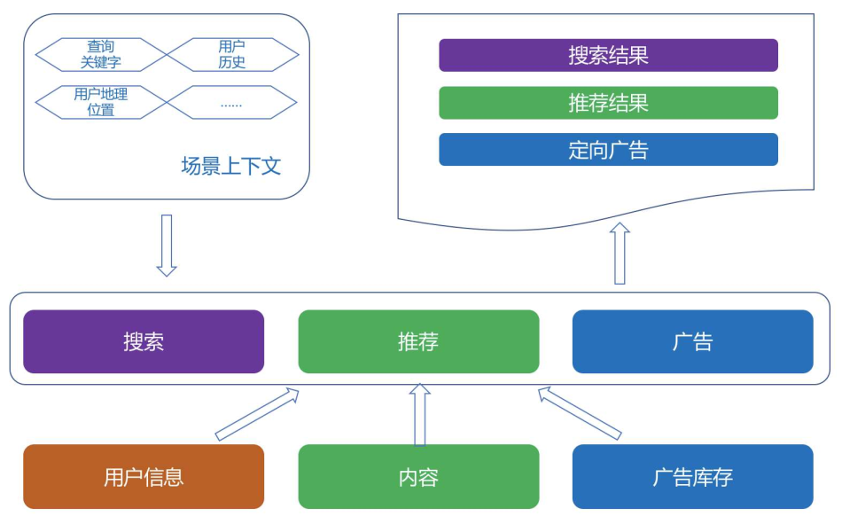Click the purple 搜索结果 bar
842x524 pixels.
(608, 55)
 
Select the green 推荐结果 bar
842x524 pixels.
(608, 103)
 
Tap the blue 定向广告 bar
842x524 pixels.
(608, 150)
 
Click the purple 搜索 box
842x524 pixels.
(144, 342)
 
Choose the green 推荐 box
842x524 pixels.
(418, 342)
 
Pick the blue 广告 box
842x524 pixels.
(693, 342)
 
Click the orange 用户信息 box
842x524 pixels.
(144, 477)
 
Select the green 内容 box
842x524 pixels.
(418, 477)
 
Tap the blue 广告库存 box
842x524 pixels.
(693, 477)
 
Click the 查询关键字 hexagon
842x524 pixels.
(101, 55)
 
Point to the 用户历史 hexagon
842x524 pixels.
(232, 55)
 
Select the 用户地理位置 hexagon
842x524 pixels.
(101, 102)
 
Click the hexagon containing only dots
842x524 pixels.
(231, 102)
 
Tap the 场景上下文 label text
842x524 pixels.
(231, 166)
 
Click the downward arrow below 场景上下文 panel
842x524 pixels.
(167, 246)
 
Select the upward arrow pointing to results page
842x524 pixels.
(620, 253)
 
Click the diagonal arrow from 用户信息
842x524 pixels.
(257, 414)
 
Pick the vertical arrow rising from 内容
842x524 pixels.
(420, 414)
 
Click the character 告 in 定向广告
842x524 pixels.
(638, 150)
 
